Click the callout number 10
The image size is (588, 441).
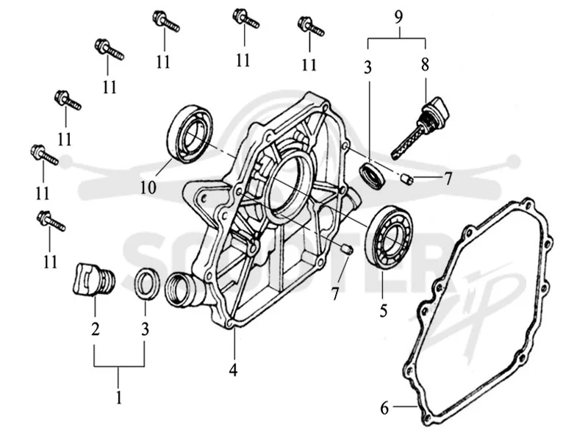coord(148,187)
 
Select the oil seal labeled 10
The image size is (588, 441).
coord(189,135)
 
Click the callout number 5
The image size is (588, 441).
coord(383,310)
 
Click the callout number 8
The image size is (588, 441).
coord(425,65)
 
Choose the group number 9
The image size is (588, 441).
coord(398,17)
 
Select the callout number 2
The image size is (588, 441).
coord(96,329)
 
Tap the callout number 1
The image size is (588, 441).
coord(119,397)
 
